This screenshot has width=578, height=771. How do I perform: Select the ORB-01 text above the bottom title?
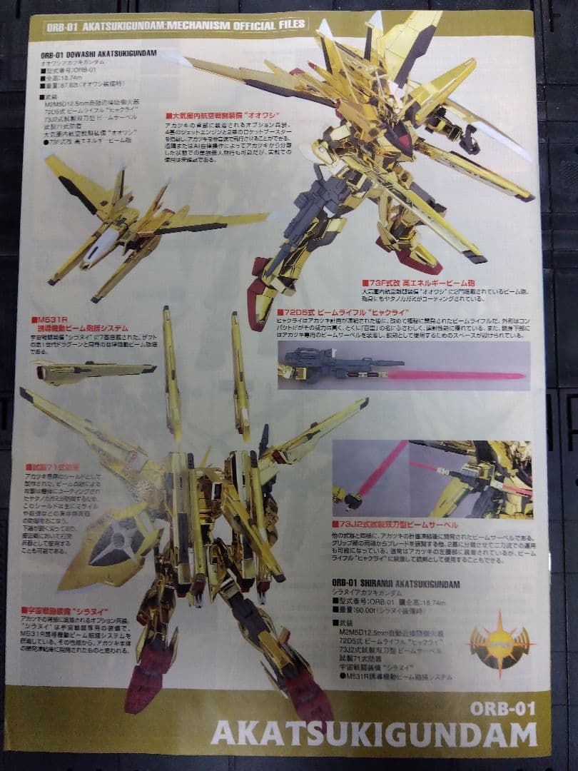tap(502, 708)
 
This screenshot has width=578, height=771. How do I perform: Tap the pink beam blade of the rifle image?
tap(457, 375)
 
